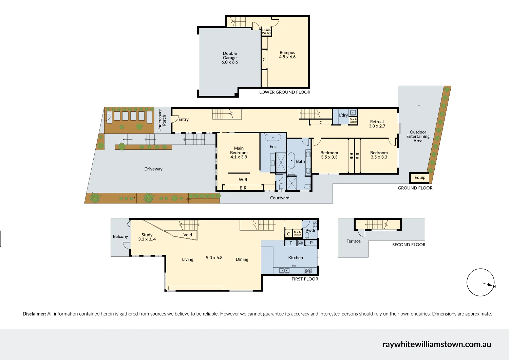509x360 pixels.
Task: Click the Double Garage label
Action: click(x=230, y=58)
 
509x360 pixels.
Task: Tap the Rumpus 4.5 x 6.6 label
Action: click(x=287, y=55)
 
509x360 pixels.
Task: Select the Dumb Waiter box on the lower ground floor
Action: click(x=266, y=32)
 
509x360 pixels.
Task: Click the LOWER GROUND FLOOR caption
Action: click(x=285, y=92)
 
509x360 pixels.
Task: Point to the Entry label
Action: click(x=184, y=120)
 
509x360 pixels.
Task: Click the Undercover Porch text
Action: click(x=162, y=120)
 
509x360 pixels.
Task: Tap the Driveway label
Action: click(x=153, y=169)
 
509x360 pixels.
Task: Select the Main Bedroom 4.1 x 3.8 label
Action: click(x=239, y=152)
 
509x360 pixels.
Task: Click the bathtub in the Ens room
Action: click(x=272, y=138)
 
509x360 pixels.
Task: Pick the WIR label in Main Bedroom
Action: click(x=243, y=180)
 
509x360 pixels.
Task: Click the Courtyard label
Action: click(x=280, y=198)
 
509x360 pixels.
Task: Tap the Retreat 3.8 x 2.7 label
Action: click(x=377, y=124)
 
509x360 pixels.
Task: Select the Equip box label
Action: click(x=420, y=178)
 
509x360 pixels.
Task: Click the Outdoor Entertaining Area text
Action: click(x=418, y=137)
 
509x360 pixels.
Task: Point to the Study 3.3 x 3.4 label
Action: click(x=147, y=237)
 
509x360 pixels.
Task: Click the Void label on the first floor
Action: click(x=188, y=235)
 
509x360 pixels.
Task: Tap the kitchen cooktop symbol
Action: click(x=308, y=271)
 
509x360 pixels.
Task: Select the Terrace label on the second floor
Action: click(x=354, y=241)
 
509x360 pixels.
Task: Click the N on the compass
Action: click(x=494, y=286)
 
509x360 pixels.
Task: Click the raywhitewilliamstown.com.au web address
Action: click(x=437, y=344)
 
